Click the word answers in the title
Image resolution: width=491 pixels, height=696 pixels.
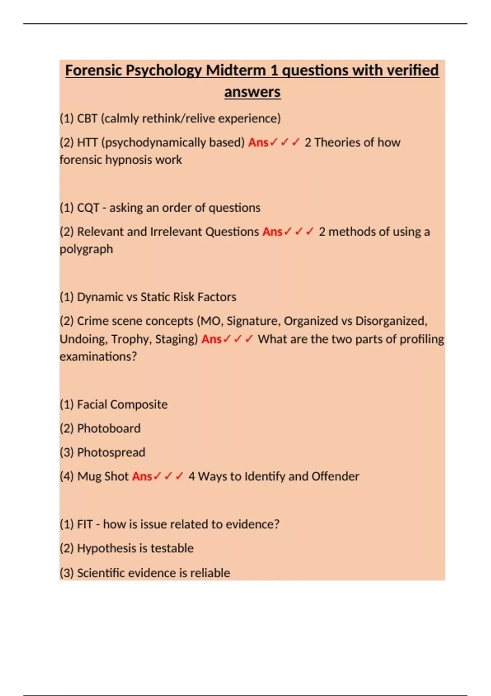[252, 92]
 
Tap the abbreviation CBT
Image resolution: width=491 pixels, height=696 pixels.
[87, 118]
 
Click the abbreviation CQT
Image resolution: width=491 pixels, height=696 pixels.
[88, 208]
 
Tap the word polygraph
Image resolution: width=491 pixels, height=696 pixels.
[86, 249]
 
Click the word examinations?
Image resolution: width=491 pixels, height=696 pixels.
[98, 356]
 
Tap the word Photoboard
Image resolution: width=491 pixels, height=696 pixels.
[109, 428]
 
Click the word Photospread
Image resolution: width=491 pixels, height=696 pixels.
[111, 452]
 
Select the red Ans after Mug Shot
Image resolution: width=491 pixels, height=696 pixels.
[142, 476]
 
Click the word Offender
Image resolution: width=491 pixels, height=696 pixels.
[335, 476]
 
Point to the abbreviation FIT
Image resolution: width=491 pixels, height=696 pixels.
[85, 524]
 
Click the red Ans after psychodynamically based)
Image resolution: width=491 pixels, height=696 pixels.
[258, 142]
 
